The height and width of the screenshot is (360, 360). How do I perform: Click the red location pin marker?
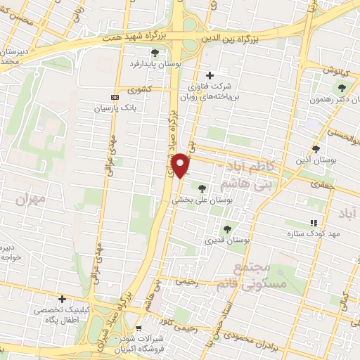pyautogui.click(x=182, y=165)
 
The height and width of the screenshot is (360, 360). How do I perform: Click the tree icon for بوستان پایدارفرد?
pyautogui.click(x=155, y=52)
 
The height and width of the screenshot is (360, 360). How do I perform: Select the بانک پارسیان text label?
pyautogui.click(x=114, y=109)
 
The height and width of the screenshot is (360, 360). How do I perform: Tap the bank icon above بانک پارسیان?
pyautogui.click(x=115, y=97)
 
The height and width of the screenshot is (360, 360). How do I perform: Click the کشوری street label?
pyautogui.click(x=140, y=89)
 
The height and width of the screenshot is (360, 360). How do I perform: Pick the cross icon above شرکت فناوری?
pyautogui.click(x=209, y=75)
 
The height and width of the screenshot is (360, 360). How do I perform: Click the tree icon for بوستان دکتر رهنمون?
pyautogui.click(x=342, y=88)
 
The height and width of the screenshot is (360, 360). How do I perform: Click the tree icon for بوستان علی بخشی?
pyautogui.click(x=202, y=188)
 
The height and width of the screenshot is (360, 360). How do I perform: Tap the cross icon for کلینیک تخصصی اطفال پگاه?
pyautogui.click(x=63, y=299)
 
